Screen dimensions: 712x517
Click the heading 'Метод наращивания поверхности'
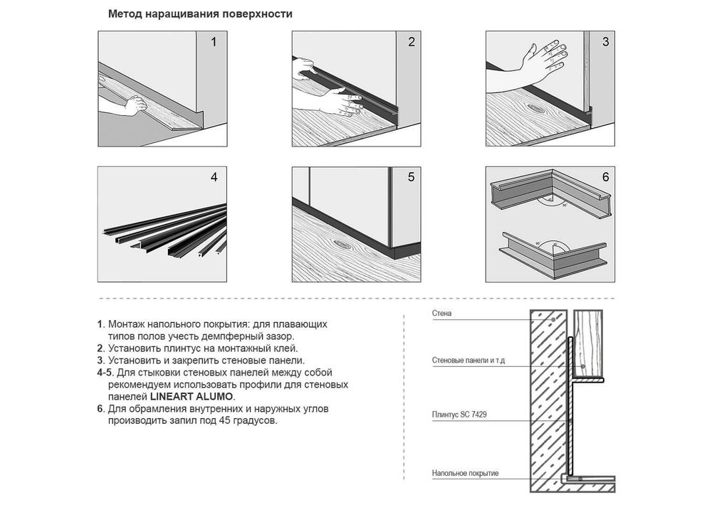[200, 14]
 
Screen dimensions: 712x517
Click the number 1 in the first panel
[214, 42]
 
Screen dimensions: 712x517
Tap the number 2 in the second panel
[412, 42]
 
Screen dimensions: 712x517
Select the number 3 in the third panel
[605, 42]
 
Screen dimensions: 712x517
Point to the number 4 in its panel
[214, 177]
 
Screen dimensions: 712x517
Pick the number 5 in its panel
[412, 177]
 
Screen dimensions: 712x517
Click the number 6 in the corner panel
[605, 177]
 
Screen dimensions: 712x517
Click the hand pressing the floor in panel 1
[135, 106]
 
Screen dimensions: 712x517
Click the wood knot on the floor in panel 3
[537, 109]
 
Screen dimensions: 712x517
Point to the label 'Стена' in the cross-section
[442, 314]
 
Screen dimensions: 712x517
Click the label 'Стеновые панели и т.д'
[468, 361]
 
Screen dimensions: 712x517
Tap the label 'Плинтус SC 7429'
[459, 415]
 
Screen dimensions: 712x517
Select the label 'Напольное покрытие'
[465, 474]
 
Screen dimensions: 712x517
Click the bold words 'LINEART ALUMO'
[192, 397]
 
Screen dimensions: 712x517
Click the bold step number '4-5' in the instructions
[105, 373]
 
